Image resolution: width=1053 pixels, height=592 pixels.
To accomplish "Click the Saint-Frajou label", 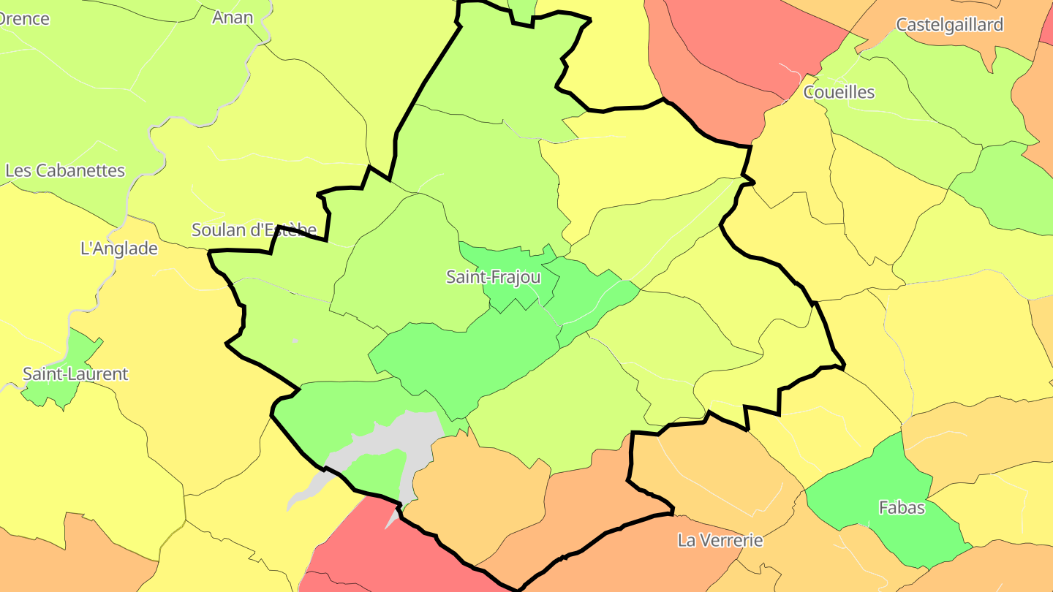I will coord(494,278).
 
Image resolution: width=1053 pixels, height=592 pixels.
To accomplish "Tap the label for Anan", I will coord(233,18).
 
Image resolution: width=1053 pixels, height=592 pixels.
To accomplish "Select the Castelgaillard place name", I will coord(949,25).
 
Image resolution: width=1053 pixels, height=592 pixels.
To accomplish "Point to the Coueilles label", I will coord(839,92).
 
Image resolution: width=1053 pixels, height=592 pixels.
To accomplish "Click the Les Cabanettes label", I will coord(66,171).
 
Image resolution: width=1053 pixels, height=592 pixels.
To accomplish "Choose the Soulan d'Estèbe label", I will coord(254,230).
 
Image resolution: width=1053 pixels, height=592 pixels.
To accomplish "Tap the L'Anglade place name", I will coord(118,248).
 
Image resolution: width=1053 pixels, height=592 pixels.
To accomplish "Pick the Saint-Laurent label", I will coord(75,374).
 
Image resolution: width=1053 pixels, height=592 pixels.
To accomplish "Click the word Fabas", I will coord(902,507).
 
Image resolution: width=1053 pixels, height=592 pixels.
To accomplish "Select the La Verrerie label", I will coord(720,541).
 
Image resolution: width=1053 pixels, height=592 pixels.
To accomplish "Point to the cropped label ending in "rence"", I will coord(23,19).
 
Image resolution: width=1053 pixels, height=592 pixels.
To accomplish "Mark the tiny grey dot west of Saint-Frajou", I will coord(295,341).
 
